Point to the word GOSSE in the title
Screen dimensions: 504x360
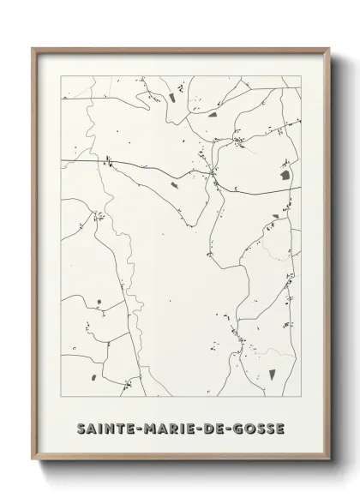266,426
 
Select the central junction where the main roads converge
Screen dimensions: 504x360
212,174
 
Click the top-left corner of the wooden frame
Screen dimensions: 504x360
33,47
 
